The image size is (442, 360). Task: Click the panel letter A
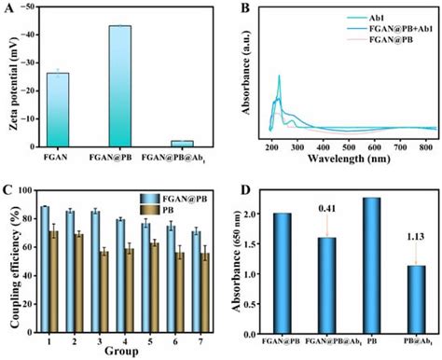coord(8,9)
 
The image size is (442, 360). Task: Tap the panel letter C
coord(8,191)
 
